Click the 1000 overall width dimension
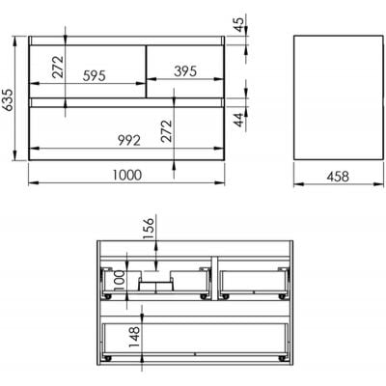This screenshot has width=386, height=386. tap(126, 176)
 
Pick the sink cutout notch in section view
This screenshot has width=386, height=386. tap(155, 282)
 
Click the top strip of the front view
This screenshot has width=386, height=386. tap(128, 41)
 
